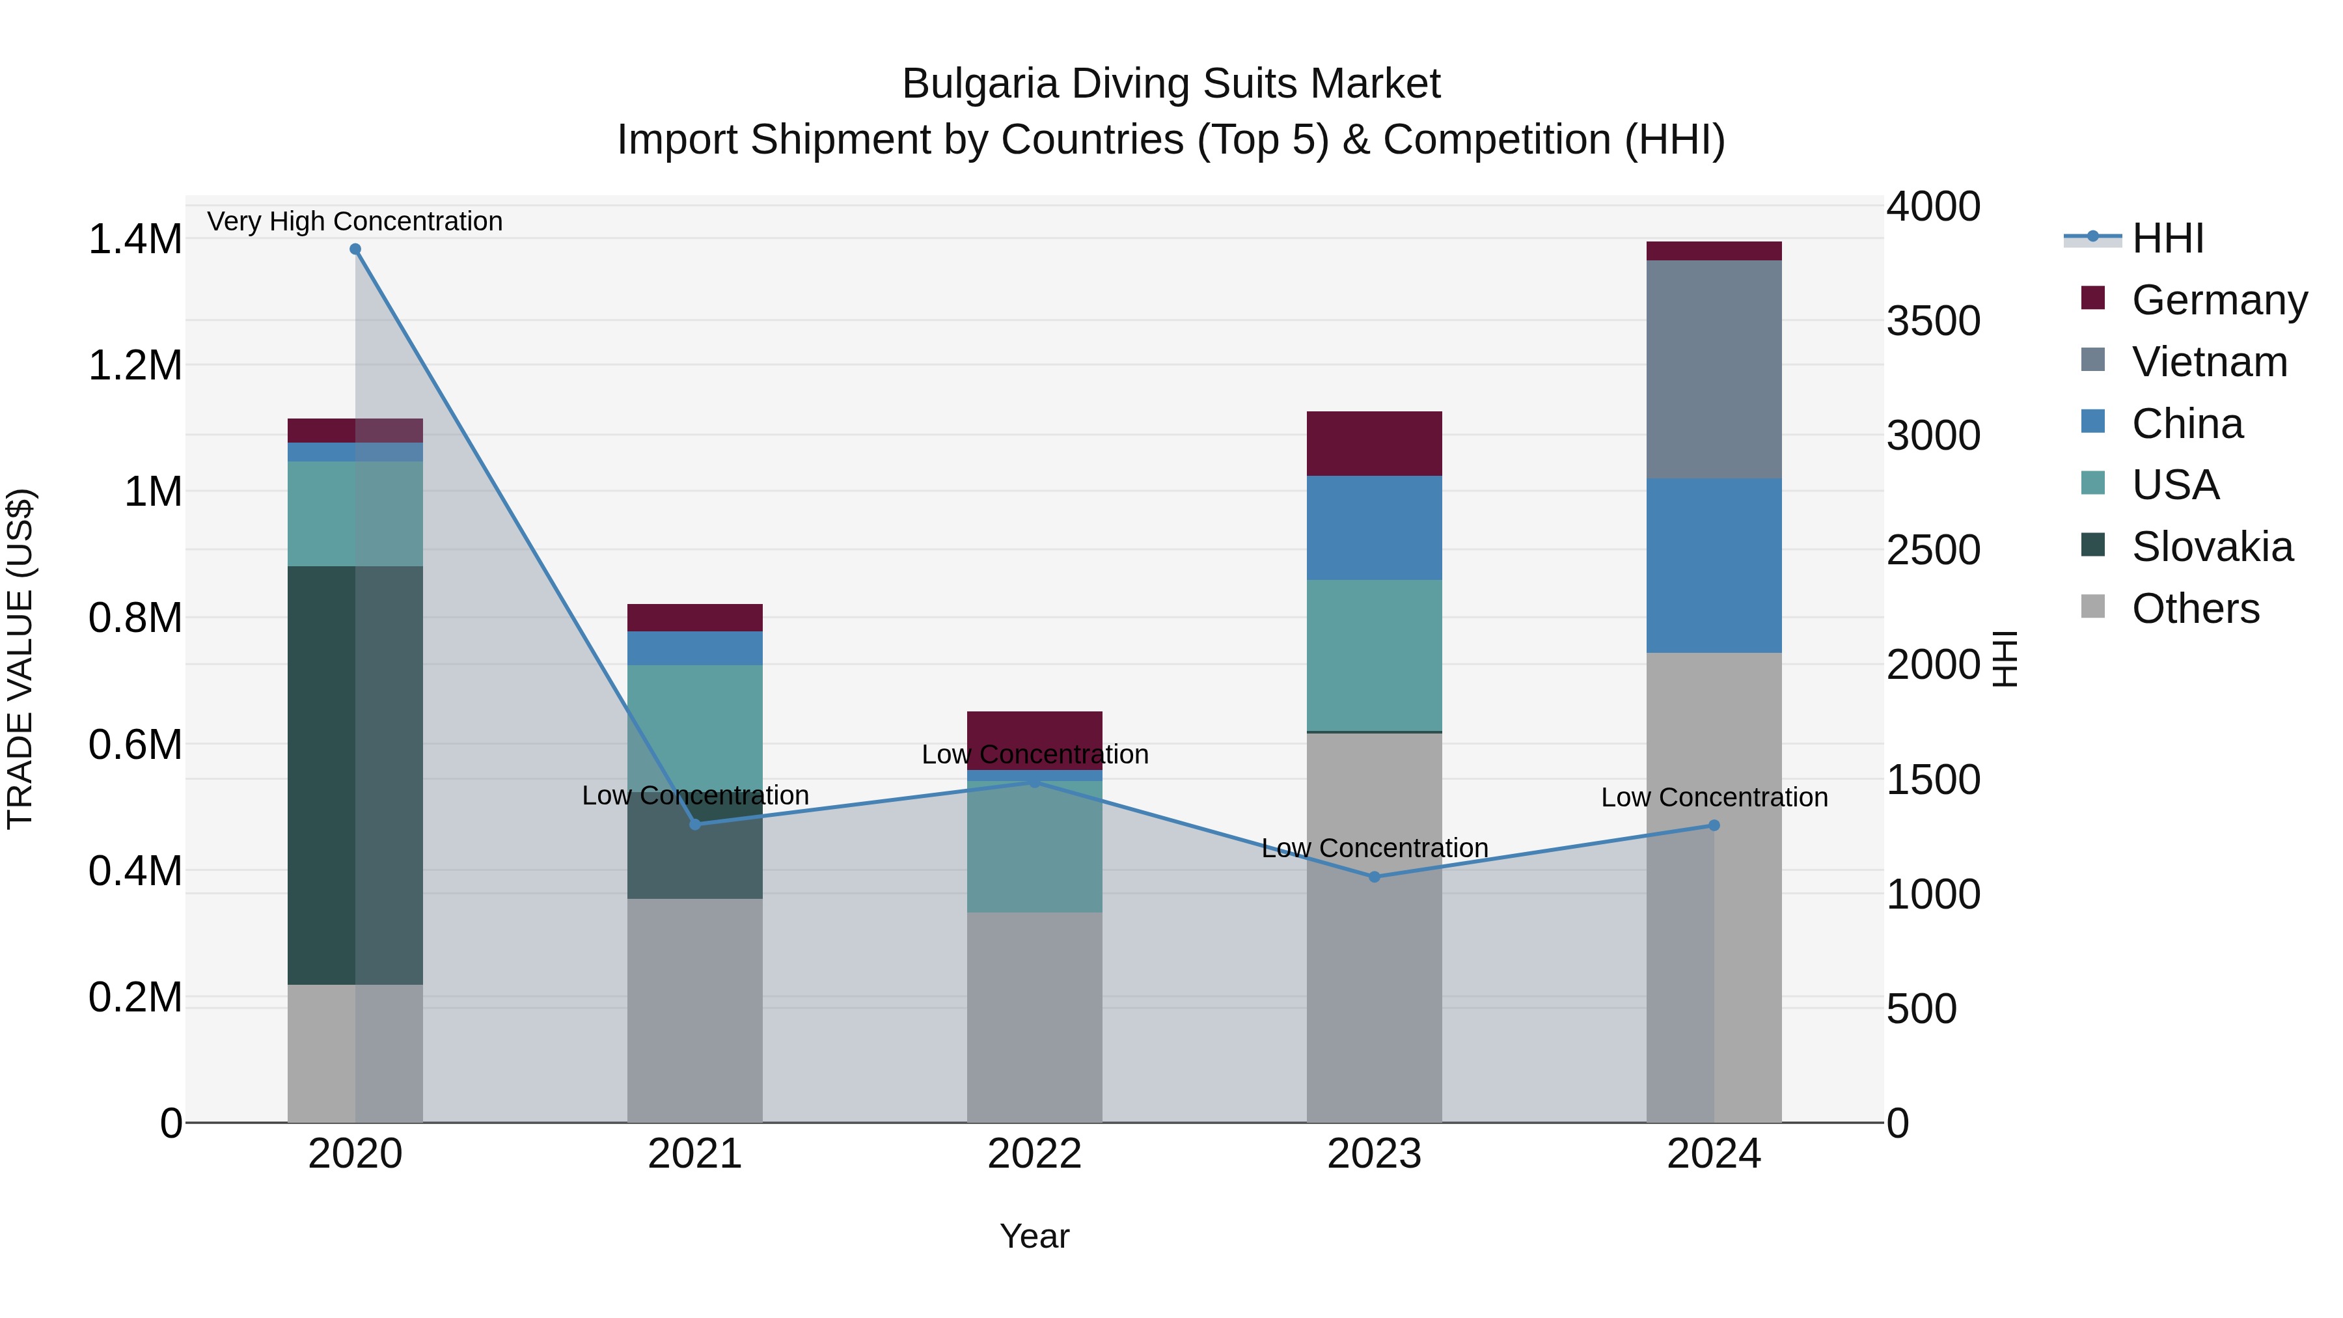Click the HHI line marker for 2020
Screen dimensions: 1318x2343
point(355,249)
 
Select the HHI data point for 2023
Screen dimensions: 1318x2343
point(1375,877)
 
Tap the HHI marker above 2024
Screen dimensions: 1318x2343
point(1714,825)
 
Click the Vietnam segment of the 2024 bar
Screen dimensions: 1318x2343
point(1714,368)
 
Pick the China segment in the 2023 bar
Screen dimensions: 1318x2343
point(1375,528)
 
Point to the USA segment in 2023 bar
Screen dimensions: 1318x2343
point(1375,655)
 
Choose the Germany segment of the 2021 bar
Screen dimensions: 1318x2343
point(695,618)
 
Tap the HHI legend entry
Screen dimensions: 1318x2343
point(2167,238)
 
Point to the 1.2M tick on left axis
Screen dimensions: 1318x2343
point(135,366)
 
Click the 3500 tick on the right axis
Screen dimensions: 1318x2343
point(1933,321)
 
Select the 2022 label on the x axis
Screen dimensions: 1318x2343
point(1034,1154)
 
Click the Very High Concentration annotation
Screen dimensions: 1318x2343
point(355,221)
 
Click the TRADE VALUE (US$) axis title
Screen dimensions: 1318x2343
point(20,659)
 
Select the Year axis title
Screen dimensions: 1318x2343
point(1034,1236)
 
